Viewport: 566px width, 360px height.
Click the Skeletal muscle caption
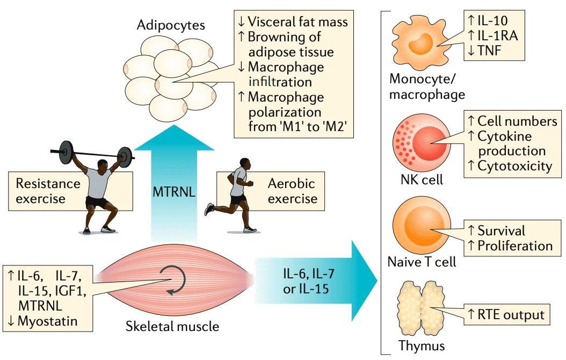tap(173, 326)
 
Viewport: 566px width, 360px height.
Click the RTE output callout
tap(505, 315)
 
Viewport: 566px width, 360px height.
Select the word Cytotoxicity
tap(514, 166)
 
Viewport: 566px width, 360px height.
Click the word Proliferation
tap(515, 246)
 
